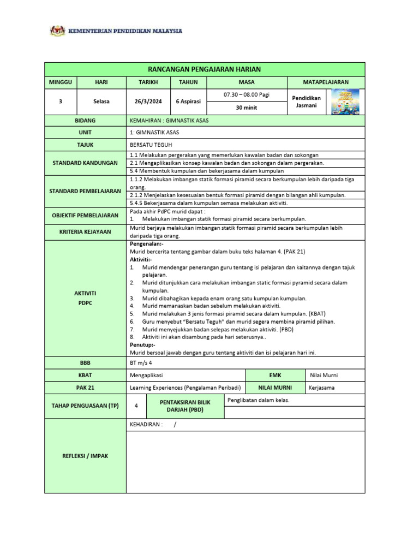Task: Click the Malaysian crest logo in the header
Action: pyautogui.click(x=57, y=31)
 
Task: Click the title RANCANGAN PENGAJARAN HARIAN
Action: pyautogui.click(x=205, y=69)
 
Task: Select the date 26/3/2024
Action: pyautogui.click(x=147, y=102)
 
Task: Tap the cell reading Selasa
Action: pyautogui.click(x=101, y=102)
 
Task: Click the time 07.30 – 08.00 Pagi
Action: pyautogui.click(x=247, y=95)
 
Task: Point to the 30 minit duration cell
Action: pyautogui.click(x=247, y=108)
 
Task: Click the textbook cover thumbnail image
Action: pyautogui.click(x=345, y=102)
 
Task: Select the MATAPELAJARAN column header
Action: pyautogui.click(x=326, y=82)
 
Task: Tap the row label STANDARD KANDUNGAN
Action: pyautogui.click(x=85, y=163)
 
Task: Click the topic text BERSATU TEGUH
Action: pyautogui.click(x=148, y=145)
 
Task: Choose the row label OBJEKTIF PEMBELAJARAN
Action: pyautogui.click(x=85, y=215)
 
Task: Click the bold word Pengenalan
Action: pyautogui.click(x=145, y=244)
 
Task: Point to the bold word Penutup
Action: pyautogui.click(x=142, y=345)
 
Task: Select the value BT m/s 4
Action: pyautogui.click(x=141, y=362)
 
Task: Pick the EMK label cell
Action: pyautogui.click(x=275, y=375)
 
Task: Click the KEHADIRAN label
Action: pyautogui.click(x=146, y=425)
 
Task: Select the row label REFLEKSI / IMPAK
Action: pyautogui.click(x=85, y=456)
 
